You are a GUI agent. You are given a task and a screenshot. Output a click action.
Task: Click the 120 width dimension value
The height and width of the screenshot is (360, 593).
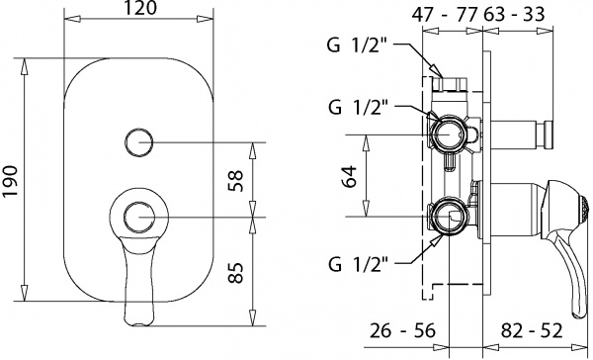click(x=139, y=8)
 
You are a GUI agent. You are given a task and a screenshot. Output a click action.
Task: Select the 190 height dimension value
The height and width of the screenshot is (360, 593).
click(x=10, y=181)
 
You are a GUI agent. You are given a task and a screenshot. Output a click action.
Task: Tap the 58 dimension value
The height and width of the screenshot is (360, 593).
click(x=235, y=181)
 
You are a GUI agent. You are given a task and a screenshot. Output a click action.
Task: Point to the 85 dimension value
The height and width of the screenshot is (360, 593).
click(x=235, y=273)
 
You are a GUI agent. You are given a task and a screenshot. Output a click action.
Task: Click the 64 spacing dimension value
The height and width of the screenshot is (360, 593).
click(x=349, y=176)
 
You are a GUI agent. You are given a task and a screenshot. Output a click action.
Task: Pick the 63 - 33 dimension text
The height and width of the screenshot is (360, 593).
click(x=514, y=15)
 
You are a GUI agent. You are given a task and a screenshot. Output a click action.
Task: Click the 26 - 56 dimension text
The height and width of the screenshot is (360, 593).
click(x=402, y=330)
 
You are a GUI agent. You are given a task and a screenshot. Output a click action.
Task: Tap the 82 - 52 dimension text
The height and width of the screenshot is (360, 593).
click(x=532, y=330)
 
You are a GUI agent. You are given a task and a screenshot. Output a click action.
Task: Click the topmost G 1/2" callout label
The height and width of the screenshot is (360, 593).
click(x=358, y=46)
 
